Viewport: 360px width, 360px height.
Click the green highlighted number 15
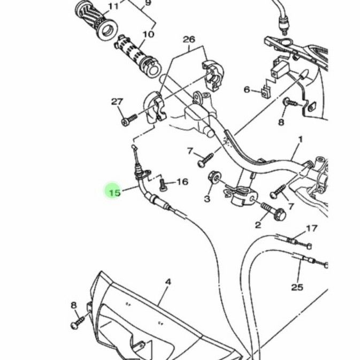point(113,190)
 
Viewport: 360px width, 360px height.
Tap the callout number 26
point(189,40)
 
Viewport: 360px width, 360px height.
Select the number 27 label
point(117,102)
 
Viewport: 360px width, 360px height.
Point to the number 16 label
point(182,182)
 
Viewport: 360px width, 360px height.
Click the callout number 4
point(167,281)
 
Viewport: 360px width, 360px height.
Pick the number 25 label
point(297,287)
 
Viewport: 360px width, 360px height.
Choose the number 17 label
point(312,229)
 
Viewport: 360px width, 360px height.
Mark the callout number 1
point(300,139)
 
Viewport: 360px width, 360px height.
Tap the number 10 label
point(148,34)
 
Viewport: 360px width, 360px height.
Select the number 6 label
point(247,89)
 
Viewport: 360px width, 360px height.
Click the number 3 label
point(207,199)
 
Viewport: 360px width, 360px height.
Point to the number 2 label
point(258,225)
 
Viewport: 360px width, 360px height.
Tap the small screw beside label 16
point(164,185)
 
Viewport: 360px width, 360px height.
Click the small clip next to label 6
point(265,91)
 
